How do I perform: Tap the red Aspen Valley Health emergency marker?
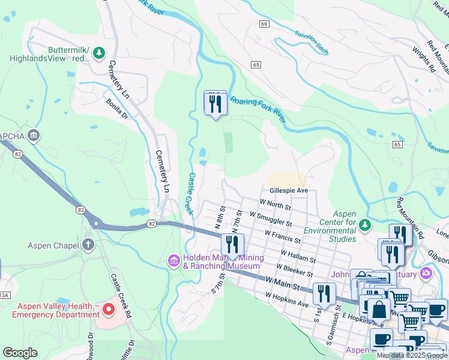pyautogui.click(x=109, y=310)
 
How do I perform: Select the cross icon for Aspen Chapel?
pyautogui.click(x=88, y=245)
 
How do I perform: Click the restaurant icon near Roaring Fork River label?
pyautogui.click(x=215, y=103)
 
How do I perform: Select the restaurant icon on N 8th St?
pyautogui.click(x=232, y=244)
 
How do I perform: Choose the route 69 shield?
pyautogui.click(x=264, y=23)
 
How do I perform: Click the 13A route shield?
pyautogui.click(x=4, y=295)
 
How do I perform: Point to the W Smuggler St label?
pyautogui.click(x=271, y=218)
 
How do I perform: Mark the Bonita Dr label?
pyautogui.click(x=118, y=109)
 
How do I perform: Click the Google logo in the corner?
pyautogui.click(x=20, y=353)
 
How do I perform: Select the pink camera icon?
pyautogui.click(x=426, y=274)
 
